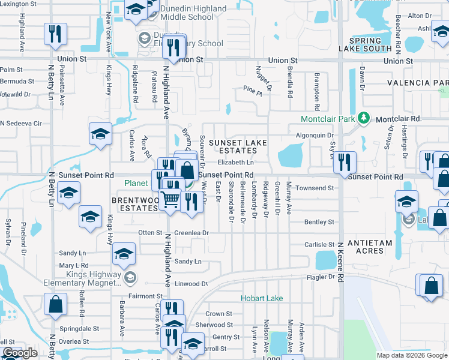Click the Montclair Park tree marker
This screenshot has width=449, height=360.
pos(363,118)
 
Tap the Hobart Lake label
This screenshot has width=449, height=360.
pos(261,298)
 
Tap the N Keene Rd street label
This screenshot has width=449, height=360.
pos(340,259)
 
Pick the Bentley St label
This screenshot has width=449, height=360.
pos(319,222)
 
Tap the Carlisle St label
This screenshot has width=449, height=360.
pos(319,245)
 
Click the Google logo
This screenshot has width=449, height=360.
pos(20,353)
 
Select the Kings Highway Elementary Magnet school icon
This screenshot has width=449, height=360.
pos(130,277)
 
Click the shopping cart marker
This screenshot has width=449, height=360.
pos(171,199)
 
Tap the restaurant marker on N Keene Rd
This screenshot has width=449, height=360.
pos(345,161)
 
